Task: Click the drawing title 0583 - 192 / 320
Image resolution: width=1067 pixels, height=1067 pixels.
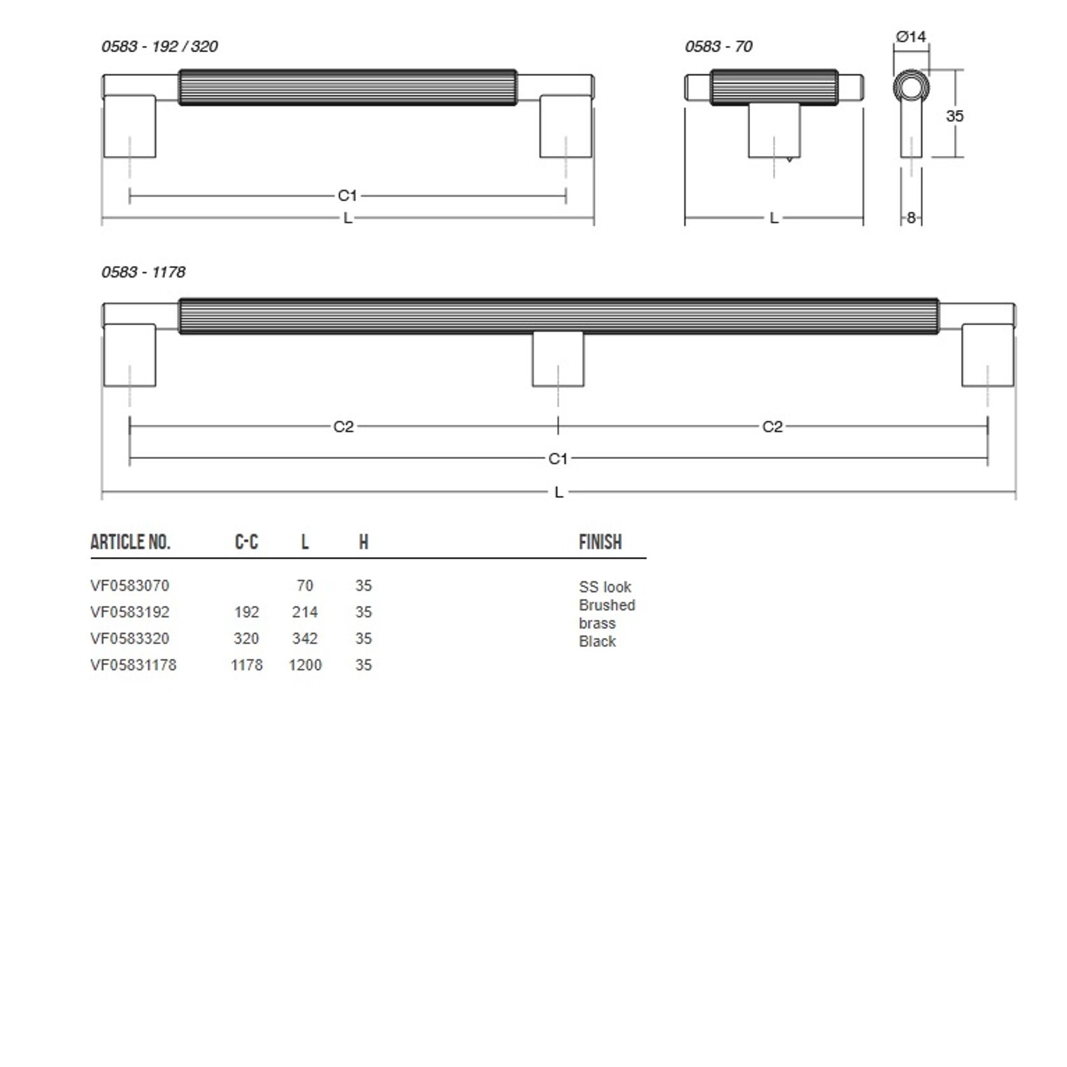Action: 159,46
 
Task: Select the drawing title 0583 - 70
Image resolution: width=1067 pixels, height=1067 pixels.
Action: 718,46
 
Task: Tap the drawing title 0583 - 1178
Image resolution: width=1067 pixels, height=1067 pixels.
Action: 143,272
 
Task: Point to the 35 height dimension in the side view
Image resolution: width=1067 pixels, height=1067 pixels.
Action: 954,116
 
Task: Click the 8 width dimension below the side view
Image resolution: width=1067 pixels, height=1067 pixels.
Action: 911,218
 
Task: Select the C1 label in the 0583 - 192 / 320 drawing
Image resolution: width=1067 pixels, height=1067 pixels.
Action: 347,195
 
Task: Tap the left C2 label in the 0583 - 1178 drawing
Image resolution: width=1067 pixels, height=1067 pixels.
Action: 343,427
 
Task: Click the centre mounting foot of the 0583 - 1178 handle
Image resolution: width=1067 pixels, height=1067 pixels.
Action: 558,360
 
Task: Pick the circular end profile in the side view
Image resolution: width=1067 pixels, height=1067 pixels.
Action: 911,87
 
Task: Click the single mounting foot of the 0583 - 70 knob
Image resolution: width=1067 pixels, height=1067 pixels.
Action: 774,131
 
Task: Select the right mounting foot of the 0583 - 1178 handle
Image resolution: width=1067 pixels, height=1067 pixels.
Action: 987,355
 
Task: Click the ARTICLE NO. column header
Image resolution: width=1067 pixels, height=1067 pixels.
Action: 131,542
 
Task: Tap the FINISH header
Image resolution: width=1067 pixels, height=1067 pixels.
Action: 600,542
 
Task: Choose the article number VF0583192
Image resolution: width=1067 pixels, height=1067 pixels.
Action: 130,612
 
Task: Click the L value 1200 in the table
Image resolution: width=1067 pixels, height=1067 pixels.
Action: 305,665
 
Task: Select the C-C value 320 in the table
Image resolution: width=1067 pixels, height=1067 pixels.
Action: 246,639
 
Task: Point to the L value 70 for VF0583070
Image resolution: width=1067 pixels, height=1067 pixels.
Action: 305,586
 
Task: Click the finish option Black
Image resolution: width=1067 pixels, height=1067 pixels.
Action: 597,642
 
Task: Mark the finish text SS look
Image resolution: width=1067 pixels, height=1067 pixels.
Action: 605,587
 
